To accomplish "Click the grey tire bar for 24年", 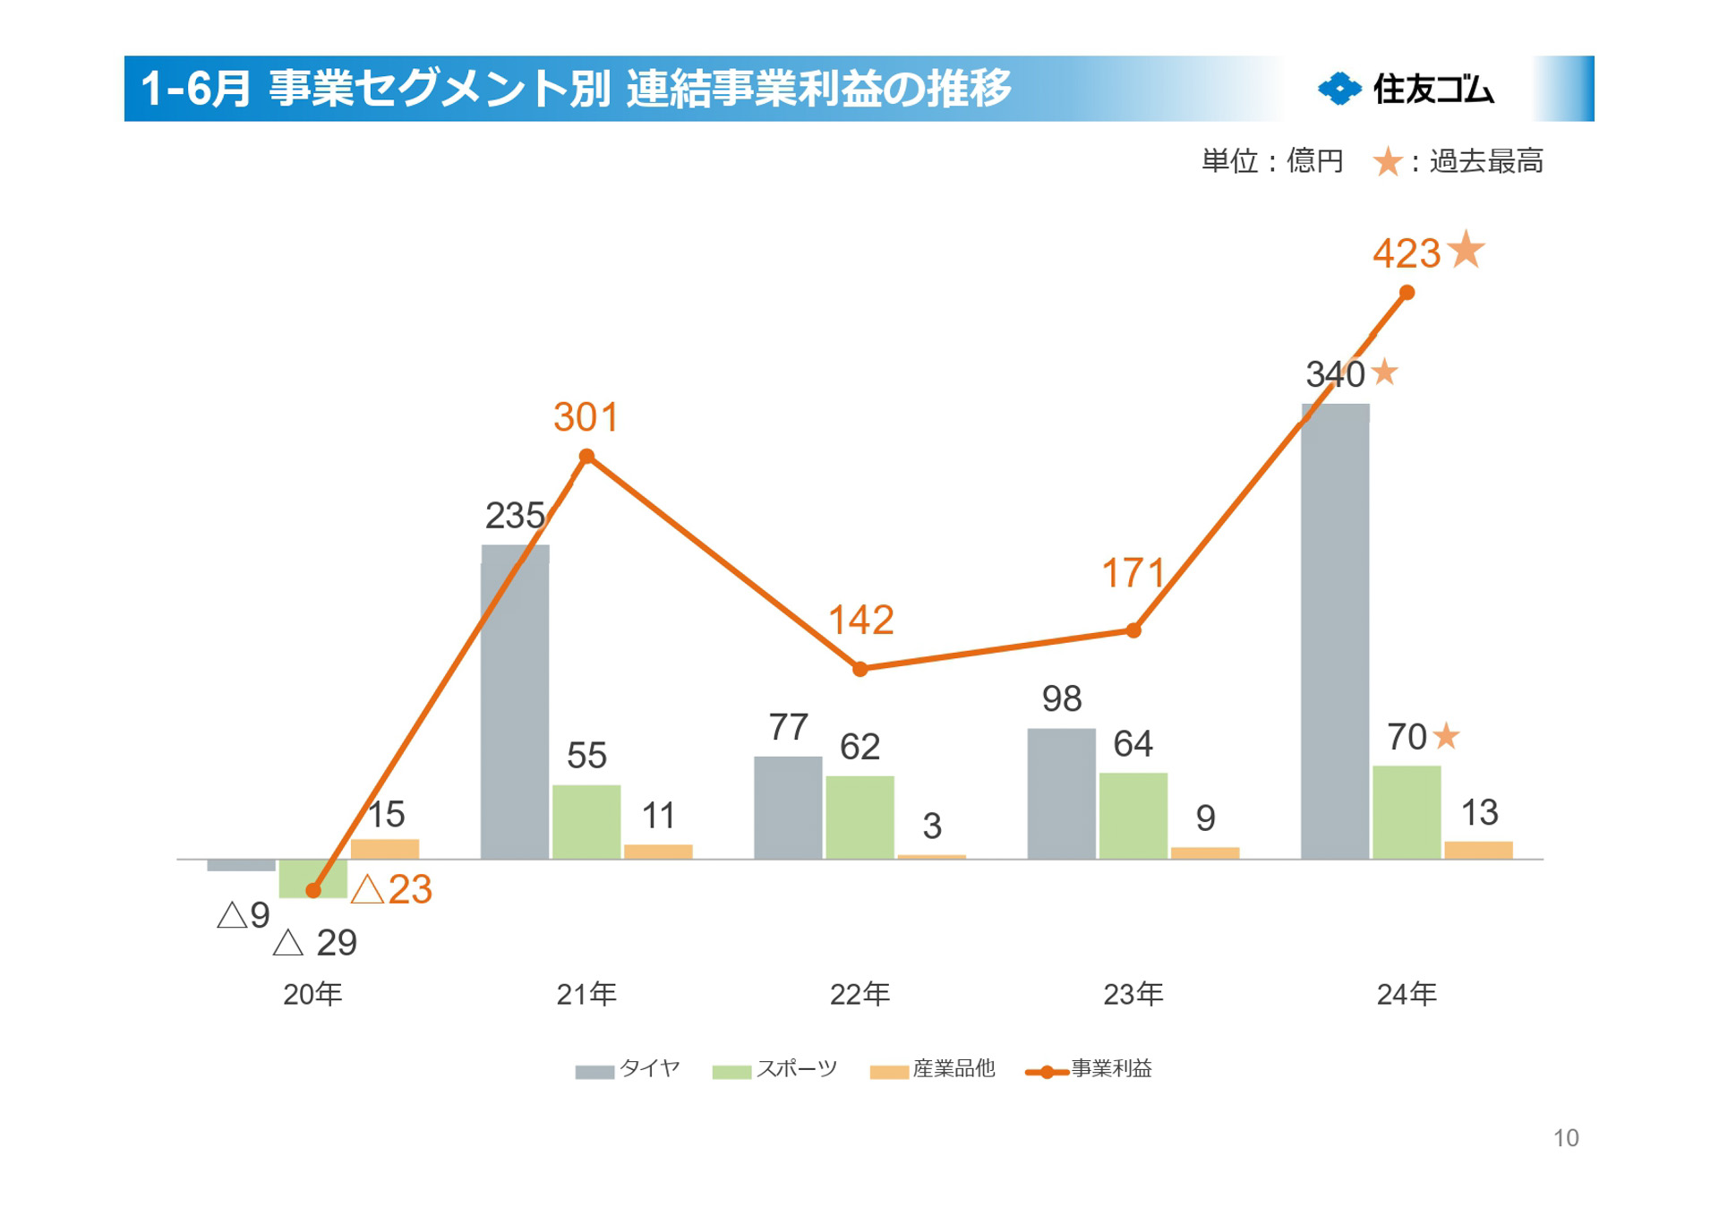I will (x=1335, y=631).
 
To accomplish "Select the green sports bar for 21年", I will (x=586, y=821).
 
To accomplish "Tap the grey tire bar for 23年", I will (x=1061, y=793).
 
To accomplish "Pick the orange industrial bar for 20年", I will (x=385, y=849).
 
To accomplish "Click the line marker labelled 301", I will (x=586, y=457).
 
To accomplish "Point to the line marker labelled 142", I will (x=859, y=669).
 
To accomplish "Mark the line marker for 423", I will (x=1407, y=293).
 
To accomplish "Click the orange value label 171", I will (x=1133, y=574).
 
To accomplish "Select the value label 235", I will (x=515, y=516).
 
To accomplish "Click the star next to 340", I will (x=1384, y=372).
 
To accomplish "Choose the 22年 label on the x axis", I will (x=859, y=994).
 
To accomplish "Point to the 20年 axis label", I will (x=312, y=994).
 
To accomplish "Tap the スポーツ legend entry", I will (x=775, y=1069).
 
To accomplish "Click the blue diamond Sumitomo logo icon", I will (x=1339, y=89).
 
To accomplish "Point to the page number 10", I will (x=1566, y=1138).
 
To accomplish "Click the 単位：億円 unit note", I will (x=1272, y=162).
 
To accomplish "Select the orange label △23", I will (x=392, y=889).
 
